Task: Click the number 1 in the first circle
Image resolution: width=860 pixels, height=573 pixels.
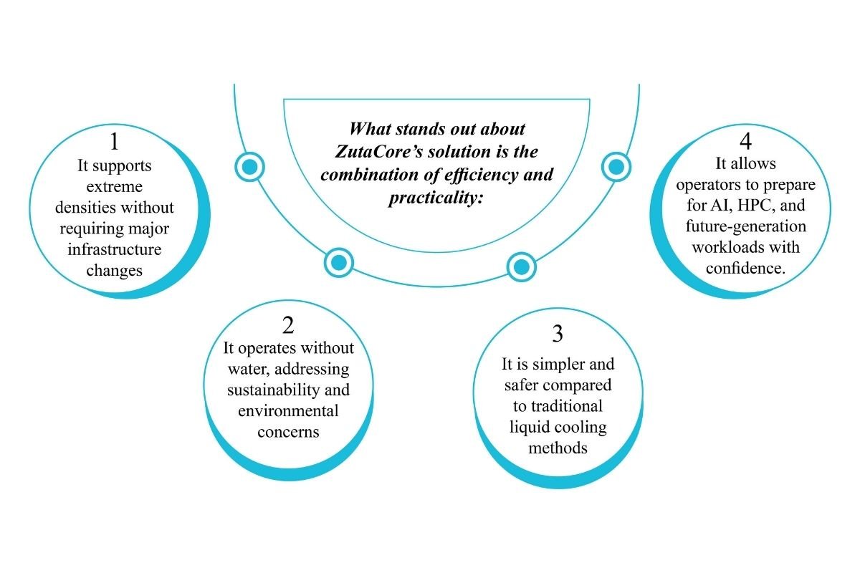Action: pyautogui.click(x=115, y=142)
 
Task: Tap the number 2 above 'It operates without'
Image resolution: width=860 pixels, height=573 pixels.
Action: pyautogui.click(x=288, y=326)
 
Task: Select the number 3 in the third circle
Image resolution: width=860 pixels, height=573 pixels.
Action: pyautogui.click(x=557, y=334)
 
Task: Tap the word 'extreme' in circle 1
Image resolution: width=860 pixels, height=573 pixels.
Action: pyautogui.click(x=115, y=186)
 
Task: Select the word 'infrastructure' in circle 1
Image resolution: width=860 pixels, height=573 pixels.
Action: pyautogui.click(x=115, y=250)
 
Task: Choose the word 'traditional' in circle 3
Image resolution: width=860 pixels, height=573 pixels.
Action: pyautogui.click(x=557, y=407)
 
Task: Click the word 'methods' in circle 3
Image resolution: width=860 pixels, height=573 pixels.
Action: pyautogui.click(x=557, y=449)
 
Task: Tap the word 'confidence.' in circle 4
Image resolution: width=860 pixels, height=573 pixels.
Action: pyautogui.click(x=745, y=269)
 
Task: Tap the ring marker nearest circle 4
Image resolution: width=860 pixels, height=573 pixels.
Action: pyautogui.click(x=615, y=167)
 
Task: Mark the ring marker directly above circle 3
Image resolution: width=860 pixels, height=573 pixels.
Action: pyautogui.click(x=522, y=266)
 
